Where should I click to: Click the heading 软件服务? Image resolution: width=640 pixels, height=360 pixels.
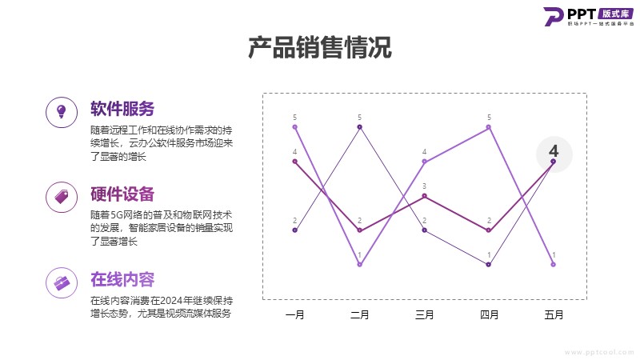click(x=122, y=109)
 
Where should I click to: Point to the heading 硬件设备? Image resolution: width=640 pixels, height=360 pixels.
click(x=122, y=194)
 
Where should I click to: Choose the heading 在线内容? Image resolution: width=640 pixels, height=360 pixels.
click(x=122, y=279)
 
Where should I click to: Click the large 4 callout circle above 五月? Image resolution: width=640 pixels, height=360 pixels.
click(x=554, y=151)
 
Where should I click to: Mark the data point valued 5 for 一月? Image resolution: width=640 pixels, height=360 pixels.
click(x=295, y=127)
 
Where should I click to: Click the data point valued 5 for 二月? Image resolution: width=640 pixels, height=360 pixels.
click(x=360, y=127)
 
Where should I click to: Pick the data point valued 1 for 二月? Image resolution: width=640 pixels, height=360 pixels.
click(x=360, y=264)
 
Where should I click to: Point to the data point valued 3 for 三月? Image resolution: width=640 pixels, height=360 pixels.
click(x=425, y=196)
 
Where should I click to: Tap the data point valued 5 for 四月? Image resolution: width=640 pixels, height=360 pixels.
click(x=489, y=127)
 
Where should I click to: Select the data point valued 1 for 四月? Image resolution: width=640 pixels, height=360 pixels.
click(x=489, y=264)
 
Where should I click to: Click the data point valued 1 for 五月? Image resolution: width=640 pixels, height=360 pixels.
click(x=554, y=264)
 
